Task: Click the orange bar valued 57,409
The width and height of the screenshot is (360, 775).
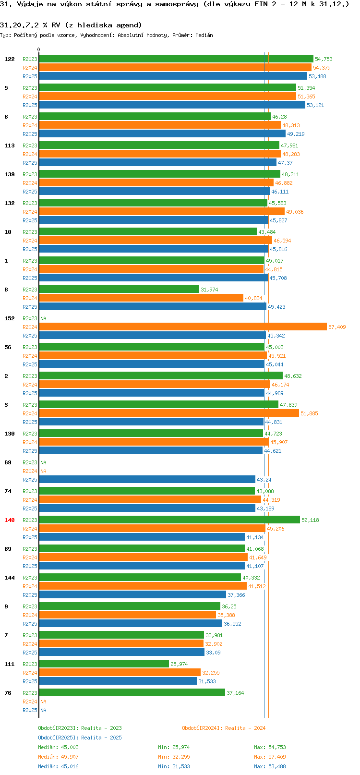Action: click(183, 327)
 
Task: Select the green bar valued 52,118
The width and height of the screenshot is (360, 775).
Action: click(169, 520)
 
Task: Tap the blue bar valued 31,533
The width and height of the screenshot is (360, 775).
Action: click(118, 681)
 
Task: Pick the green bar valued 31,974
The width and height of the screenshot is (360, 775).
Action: click(119, 289)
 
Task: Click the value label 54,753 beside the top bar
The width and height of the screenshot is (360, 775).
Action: click(324, 59)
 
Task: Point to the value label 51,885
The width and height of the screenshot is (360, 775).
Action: click(309, 413)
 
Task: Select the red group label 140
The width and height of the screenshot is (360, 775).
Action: click(9, 520)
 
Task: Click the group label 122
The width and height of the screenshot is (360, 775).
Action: click(9, 59)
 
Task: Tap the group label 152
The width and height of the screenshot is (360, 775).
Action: click(9, 318)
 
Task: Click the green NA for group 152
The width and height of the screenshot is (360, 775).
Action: click(43, 318)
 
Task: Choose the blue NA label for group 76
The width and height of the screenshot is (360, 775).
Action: click(43, 710)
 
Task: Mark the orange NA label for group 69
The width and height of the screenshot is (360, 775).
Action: click(43, 471)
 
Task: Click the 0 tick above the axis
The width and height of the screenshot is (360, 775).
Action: click(38, 49)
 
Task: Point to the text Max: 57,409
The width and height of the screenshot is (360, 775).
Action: click(270, 757)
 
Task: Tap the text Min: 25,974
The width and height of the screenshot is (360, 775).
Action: click(174, 747)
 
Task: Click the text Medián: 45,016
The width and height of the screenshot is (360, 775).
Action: click(58, 766)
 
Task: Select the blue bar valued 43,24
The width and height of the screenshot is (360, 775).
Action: click(147, 479)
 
